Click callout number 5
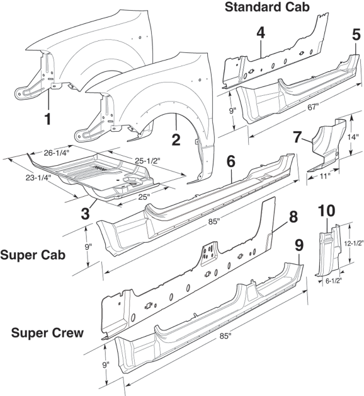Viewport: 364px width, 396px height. [356, 35]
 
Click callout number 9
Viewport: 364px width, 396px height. [299, 242]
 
